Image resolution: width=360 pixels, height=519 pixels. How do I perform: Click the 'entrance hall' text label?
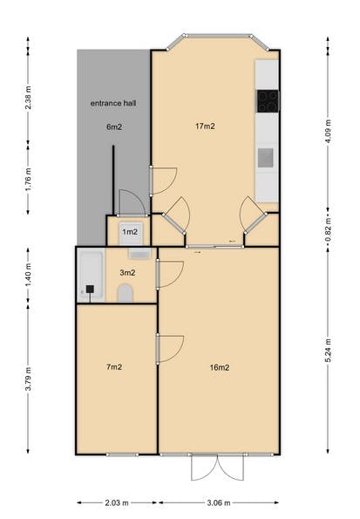113,103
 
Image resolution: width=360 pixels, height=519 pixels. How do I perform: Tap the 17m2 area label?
205,126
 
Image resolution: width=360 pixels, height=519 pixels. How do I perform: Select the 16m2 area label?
220,367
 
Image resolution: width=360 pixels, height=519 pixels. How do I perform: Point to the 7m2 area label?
114,366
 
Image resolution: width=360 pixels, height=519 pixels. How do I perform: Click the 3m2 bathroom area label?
127,273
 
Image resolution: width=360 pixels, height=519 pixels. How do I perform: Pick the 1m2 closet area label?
130,232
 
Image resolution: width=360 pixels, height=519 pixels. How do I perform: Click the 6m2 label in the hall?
114,126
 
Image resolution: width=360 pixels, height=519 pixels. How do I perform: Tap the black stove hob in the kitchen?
268,101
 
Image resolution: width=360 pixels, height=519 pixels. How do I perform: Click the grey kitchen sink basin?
266,158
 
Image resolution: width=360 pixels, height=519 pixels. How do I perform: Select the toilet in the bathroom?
125,293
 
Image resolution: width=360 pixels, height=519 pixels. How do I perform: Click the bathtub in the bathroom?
92,277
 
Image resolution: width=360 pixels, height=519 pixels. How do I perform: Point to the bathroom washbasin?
140,253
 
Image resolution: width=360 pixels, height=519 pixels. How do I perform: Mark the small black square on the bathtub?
90,289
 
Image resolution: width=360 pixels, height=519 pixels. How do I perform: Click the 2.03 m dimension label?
117,503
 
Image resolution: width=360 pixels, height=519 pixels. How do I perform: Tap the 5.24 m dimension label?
328,350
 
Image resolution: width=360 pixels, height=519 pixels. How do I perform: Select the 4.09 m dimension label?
328,131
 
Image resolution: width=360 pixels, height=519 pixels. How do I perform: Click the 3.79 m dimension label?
29,379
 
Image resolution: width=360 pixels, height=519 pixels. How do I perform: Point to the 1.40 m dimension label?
29,276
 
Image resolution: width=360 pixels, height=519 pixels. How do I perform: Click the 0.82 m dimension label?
328,229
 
